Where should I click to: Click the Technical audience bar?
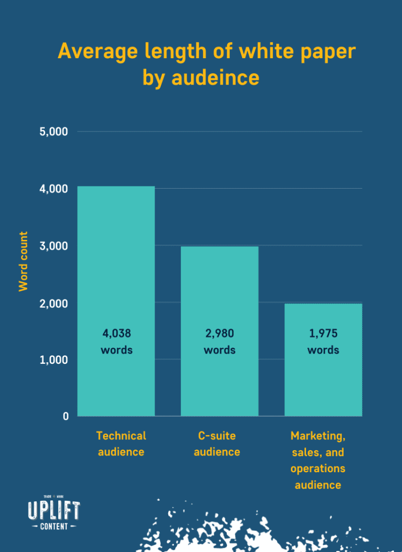116,270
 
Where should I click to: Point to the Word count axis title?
23,261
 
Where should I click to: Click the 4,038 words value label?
116,342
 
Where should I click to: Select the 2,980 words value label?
220,342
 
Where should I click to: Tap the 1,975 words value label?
323,342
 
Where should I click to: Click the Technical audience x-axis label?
121,444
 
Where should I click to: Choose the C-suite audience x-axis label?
216,444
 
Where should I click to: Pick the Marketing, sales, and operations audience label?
318,460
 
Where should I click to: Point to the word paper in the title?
328,52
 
